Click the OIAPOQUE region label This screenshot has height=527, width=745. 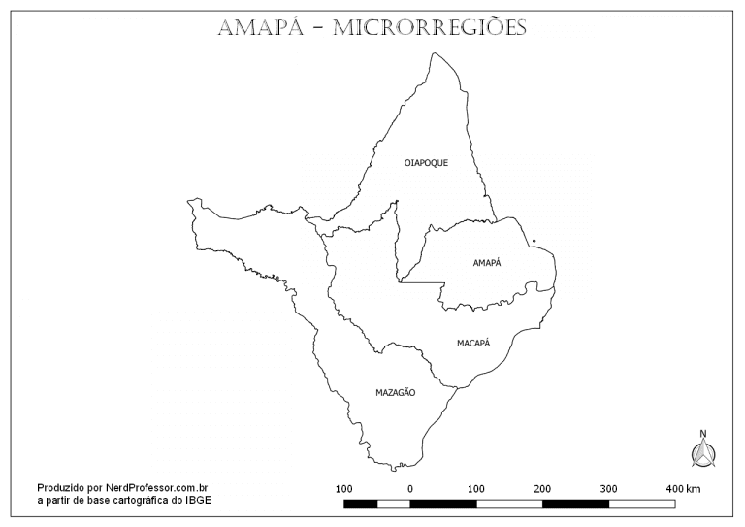point(426,163)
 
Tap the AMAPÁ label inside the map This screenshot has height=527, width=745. point(487,263)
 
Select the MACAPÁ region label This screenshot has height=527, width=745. point(474,343)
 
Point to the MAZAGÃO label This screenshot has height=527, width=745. point(396,392)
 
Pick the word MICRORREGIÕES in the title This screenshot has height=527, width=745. point(430,27)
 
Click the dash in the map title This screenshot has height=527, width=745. point(317,28)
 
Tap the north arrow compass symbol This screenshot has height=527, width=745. point(702,452)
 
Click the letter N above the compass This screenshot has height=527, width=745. point(702,434)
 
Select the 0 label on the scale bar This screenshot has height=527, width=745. point(410,487)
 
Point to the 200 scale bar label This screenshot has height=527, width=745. point(542,487)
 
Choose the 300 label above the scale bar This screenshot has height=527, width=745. point(608,487)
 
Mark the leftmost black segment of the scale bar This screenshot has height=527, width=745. point(361,503)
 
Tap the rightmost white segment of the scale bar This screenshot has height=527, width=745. point(641,503)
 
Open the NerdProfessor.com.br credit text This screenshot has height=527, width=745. point(156,487)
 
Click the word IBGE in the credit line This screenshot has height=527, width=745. point(200,500)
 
